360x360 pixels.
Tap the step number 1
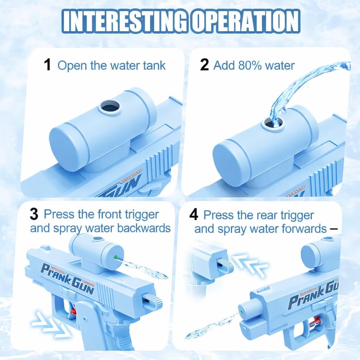tap(47, 65)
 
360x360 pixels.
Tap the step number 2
tap(204, 65)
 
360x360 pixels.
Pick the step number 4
tap(194, 215)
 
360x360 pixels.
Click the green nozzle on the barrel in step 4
tap(242, 311)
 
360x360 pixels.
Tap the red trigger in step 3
tap(73, 310)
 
